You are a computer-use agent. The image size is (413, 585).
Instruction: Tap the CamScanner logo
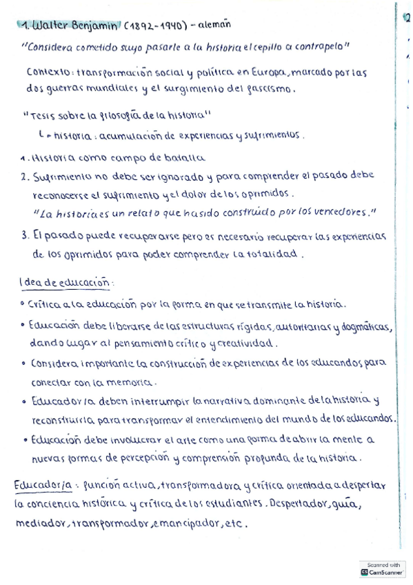tap(383, 572)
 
